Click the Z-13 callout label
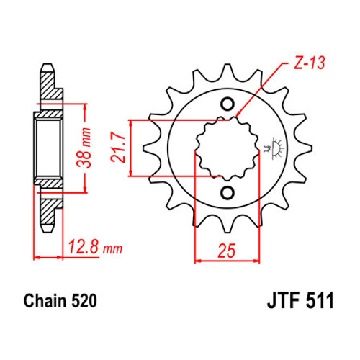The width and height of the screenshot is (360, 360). [x=310, y=63]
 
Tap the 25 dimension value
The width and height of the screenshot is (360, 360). [x=227, y=251]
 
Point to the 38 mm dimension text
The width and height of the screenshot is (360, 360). [x=84, y=148]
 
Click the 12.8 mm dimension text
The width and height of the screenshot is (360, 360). [x=95, y=247]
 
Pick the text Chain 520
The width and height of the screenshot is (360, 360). [x=60, y=301]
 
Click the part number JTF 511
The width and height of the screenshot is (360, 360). [x=300, y=301]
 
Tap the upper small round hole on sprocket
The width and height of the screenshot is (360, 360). [x=228, y=104]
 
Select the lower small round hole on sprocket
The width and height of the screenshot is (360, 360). [x=228, y=193]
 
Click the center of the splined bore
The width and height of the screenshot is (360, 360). [x=228, y=148]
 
